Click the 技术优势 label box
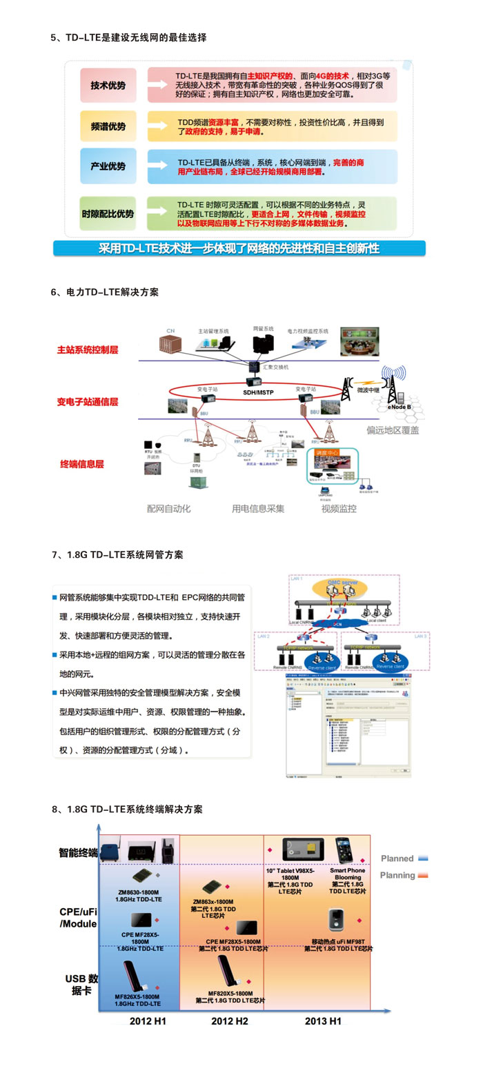(108, 86)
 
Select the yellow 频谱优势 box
(108, 126)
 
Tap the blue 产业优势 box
(108, 166)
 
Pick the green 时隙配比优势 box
(108, 214)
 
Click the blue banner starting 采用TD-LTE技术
(239, 248)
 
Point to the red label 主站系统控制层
(88, 350)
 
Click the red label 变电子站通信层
(88, 401)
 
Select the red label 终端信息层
(81, 464)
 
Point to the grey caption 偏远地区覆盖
(393, 430)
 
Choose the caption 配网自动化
(168, 509)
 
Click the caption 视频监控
(339, 509)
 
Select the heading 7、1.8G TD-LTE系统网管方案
(117, 554)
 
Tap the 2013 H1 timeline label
(323, 1020)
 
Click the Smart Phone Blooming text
(348, 874)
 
